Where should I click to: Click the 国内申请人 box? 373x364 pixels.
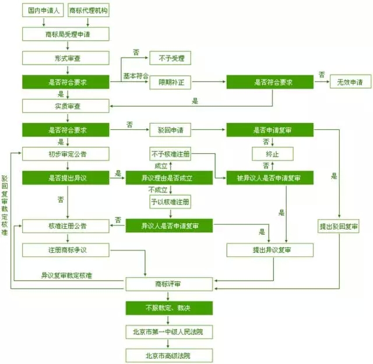[x=43, y=10]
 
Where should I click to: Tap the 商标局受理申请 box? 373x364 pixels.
[x=66, y=34]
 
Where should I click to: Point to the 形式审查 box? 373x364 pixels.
[x=66, y=58]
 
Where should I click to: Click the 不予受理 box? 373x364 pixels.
[x=170, y=58]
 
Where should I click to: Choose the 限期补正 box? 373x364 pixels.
[x=170, y=82]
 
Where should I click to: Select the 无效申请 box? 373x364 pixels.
[x=350, y=82]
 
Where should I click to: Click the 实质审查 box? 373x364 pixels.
[x=66, y=106]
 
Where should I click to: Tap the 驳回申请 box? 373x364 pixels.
[x=170, y=130]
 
